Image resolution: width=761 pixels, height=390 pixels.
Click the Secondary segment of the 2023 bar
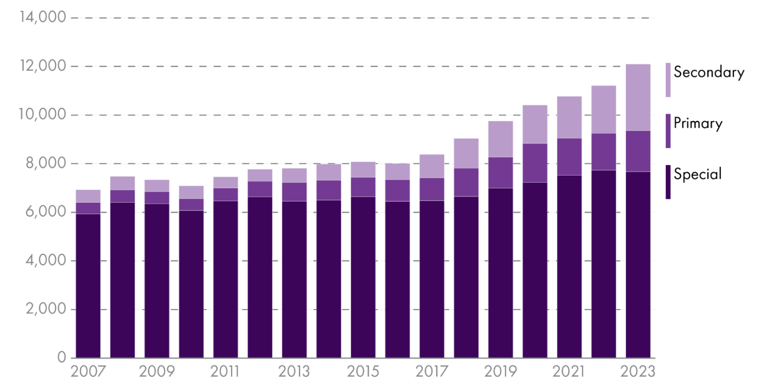[x=637, y=97]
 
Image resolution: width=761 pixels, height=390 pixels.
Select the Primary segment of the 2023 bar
[x=637, y=151]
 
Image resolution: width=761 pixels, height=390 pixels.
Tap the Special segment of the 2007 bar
[x=88, y=286]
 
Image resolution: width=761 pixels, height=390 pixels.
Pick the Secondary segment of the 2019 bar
[x=500, y=139]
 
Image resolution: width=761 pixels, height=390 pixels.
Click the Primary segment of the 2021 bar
[x=569, y=157]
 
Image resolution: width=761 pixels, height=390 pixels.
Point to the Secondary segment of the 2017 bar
[x=432, y=166]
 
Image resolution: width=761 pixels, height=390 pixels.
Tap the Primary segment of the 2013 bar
[x=294, y=192]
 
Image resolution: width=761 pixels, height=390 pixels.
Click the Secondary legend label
[x=708, y=72]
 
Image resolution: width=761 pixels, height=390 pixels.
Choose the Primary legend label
[x=697, y=123]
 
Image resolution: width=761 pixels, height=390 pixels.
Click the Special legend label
[x=697, y=174]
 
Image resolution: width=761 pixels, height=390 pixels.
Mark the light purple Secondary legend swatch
[x=668, y=80]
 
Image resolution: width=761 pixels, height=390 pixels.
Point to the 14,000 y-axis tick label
[x=43, y=17]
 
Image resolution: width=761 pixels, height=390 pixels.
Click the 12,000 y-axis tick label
[x=43, y=66]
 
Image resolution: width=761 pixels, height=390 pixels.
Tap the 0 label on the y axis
[x=62, y=357]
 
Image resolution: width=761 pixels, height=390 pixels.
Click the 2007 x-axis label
[x=88, y=371]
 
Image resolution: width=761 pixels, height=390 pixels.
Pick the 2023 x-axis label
[x=637, y=371]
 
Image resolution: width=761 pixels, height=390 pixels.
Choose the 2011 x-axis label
[x=226, y=371]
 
